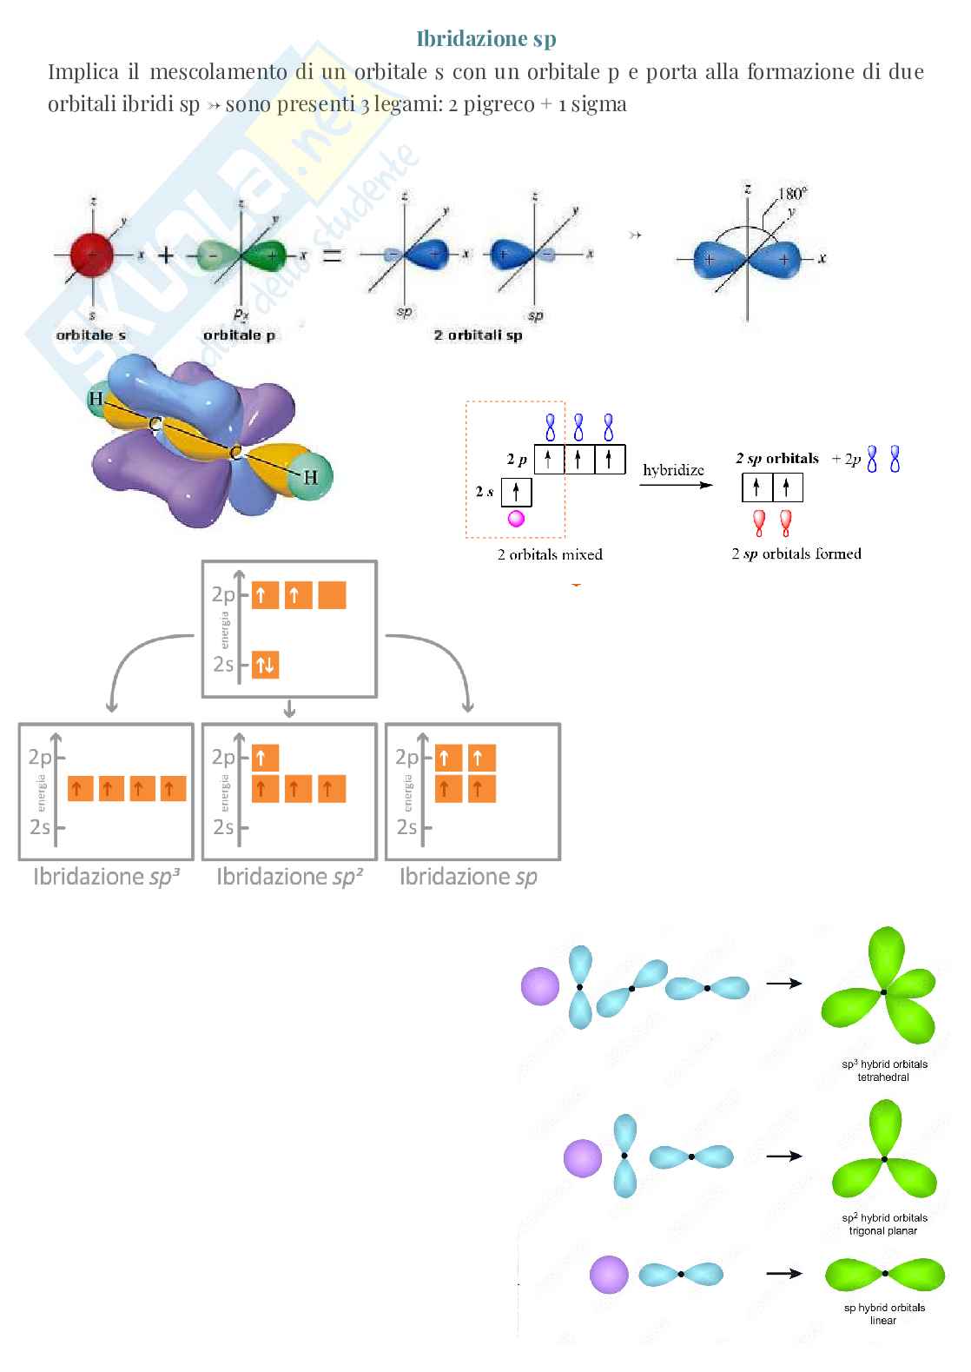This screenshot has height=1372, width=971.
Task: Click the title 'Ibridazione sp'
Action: pyautogui.click(x=486, y=39)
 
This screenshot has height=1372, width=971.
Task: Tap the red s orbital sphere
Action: pyautogui.click(x=93, y=255)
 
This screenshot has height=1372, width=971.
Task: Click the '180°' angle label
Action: pyautogui.click(x=791, y=193)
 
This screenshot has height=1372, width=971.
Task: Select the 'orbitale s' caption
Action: pyautogui.click(x=91, y=335)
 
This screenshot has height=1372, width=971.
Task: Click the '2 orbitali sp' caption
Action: pyautogui.click(x=478, y=335)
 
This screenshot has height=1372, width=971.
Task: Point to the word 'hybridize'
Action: pyautogui.click(x=673, y=470)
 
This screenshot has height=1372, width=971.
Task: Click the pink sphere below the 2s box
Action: pyautogui.click(x=516, y=519)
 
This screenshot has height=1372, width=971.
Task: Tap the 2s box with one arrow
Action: pyautogui.click(x=516, y=493)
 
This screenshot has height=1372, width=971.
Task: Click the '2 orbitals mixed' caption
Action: pyautogui.click(x=550, y=553)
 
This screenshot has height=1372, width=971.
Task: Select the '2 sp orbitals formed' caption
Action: pyautogui.click(x=796, y=553)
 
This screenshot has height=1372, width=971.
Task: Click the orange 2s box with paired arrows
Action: pyautogui.click(x=265, y=666)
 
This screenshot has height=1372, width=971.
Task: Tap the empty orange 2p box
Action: pyautogui.click(x=332, y=595)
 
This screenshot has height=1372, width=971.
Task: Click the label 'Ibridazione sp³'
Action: pyautogui.click(x=106, y=877)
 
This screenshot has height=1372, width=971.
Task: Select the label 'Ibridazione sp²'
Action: pyautogui.click(x=289, y=877)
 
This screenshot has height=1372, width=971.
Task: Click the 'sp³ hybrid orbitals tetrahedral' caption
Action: pyautogui.click(x=884, y=1070)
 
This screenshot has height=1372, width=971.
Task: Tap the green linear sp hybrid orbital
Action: pyautogui.click(x=884, y=1274)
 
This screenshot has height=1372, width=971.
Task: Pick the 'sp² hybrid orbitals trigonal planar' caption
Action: pyautogui.click(x=884, y=1223)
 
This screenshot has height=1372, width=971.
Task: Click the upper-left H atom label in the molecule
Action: pyautogui.click(x=95, y=400)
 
